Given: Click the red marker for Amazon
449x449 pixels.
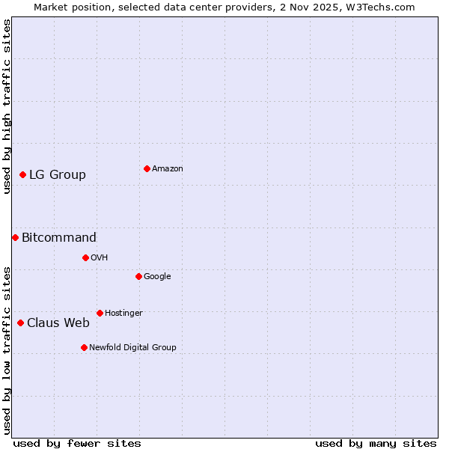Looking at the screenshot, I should coord(147,168).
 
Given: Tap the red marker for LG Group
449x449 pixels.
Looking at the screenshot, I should coord(22,174).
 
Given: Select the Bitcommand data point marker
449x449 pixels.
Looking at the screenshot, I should coord(15,237).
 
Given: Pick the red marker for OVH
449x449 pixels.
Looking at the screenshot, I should coord(85,257).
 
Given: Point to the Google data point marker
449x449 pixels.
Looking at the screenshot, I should coord(138,276).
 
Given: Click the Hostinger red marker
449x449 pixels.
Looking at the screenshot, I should coord(100,313).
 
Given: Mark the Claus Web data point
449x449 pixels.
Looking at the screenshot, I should coord(20,323).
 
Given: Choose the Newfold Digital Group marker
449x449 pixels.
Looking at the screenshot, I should coord(84,347).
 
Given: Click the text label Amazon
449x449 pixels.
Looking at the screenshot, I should coord(168,169).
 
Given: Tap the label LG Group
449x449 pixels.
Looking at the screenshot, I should coord(58,175).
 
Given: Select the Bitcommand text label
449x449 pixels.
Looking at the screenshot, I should coord(59,238).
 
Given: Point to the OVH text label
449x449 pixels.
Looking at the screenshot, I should coord(100,258).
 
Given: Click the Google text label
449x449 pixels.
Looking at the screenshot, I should coord(157,277).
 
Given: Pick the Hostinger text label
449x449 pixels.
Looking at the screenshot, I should coord(123,314).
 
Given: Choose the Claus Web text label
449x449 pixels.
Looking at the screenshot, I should coord(58,323).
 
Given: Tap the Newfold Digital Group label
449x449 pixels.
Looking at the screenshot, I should coord(132,348).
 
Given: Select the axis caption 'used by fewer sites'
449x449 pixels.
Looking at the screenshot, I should coord(77,443).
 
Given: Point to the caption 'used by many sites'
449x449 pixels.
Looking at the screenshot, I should coord(376,443).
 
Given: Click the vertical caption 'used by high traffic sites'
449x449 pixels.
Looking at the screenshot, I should coord(7,106).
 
